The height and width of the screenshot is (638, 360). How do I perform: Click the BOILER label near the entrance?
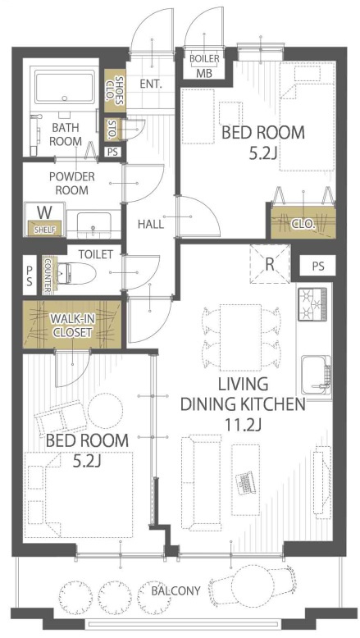(x=205, y=59)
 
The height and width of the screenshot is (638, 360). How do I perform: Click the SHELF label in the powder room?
(x=44, y=229)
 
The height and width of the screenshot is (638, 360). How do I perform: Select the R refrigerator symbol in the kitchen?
(x=269, y=264)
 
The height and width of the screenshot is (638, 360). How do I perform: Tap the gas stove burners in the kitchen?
(x=312, y=303)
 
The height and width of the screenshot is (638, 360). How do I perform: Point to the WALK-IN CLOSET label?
(x=71, y=326)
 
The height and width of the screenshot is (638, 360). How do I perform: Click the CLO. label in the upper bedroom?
(x=303, y=223)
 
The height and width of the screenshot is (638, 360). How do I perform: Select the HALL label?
(x=151, y=224)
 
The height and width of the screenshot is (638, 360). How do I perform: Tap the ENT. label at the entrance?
(x=151, y=84)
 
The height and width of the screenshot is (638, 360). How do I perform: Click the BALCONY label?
(x=175, y=590)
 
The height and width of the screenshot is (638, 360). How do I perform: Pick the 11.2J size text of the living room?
(x=243, y=425)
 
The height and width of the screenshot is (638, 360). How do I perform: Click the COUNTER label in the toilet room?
(x=48, y=275)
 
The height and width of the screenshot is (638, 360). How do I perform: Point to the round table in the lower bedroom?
(x=105, y=411)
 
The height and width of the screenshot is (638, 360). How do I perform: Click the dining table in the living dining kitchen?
(x=241, y=337)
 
